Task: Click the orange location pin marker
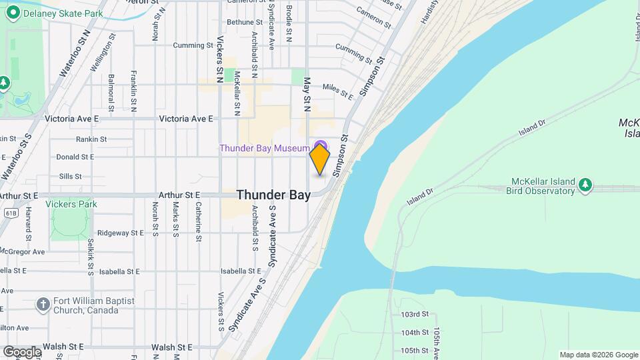(320, 159)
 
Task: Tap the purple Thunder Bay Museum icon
(321, 146)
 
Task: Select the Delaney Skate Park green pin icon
(12, 13)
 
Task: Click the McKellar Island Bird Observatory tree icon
(585, 185)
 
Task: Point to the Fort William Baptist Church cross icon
(43, 305)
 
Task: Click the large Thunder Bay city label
(273, 195)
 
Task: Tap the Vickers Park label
(71, 204)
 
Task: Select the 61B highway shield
(11, 213)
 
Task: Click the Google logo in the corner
(21, 351)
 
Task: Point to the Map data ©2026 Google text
(598, 355)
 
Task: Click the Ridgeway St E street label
(120, 233)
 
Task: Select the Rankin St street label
(91, 139)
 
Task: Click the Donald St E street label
(75, 157)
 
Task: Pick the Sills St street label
(70, 176)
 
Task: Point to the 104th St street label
(415, 332)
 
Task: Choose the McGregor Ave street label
(22, 251)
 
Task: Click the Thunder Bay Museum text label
(265, 147)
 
